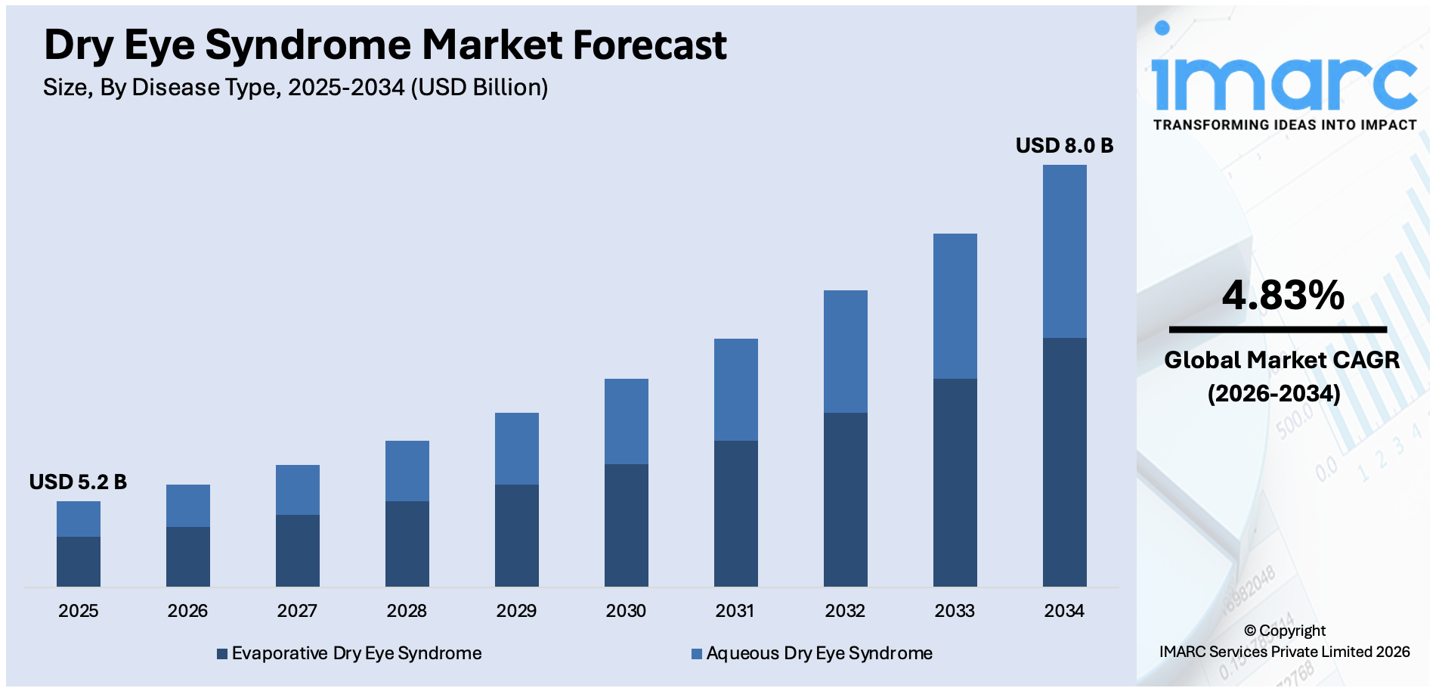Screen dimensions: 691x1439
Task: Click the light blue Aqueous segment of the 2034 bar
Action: pos(1064,251)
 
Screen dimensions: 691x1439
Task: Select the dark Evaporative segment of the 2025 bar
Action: pos(79,561)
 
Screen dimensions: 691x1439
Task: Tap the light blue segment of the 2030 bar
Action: pos(626,421)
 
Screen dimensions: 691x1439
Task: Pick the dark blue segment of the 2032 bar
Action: pos(845,499)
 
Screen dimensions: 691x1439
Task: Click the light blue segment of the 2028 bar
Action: pos(407,470)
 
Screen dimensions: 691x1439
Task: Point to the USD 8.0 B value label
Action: pos(1063,145)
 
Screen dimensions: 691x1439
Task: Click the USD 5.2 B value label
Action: pos(78,482)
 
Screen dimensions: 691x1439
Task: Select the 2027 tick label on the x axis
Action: pos(297,611)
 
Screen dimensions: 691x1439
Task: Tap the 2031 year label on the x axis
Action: pos(735,611)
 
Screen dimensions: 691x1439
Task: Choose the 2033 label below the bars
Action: pos(955,611)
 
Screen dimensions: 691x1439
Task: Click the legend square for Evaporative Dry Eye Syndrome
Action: pos(222,654)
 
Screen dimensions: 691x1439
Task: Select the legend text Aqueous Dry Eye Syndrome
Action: pos(819,653)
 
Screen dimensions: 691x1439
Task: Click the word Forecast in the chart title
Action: pos(649,45)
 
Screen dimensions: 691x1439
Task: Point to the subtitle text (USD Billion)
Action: pos(479,88)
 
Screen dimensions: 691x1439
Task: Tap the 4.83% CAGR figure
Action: pos(1283,295)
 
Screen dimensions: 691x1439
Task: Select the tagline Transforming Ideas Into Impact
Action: pos(1284,125)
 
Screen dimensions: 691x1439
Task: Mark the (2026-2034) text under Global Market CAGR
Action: pos(1273,393)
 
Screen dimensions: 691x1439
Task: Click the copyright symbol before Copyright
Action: pos(1250,631)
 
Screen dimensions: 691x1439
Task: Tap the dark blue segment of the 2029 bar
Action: pos(516,535)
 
